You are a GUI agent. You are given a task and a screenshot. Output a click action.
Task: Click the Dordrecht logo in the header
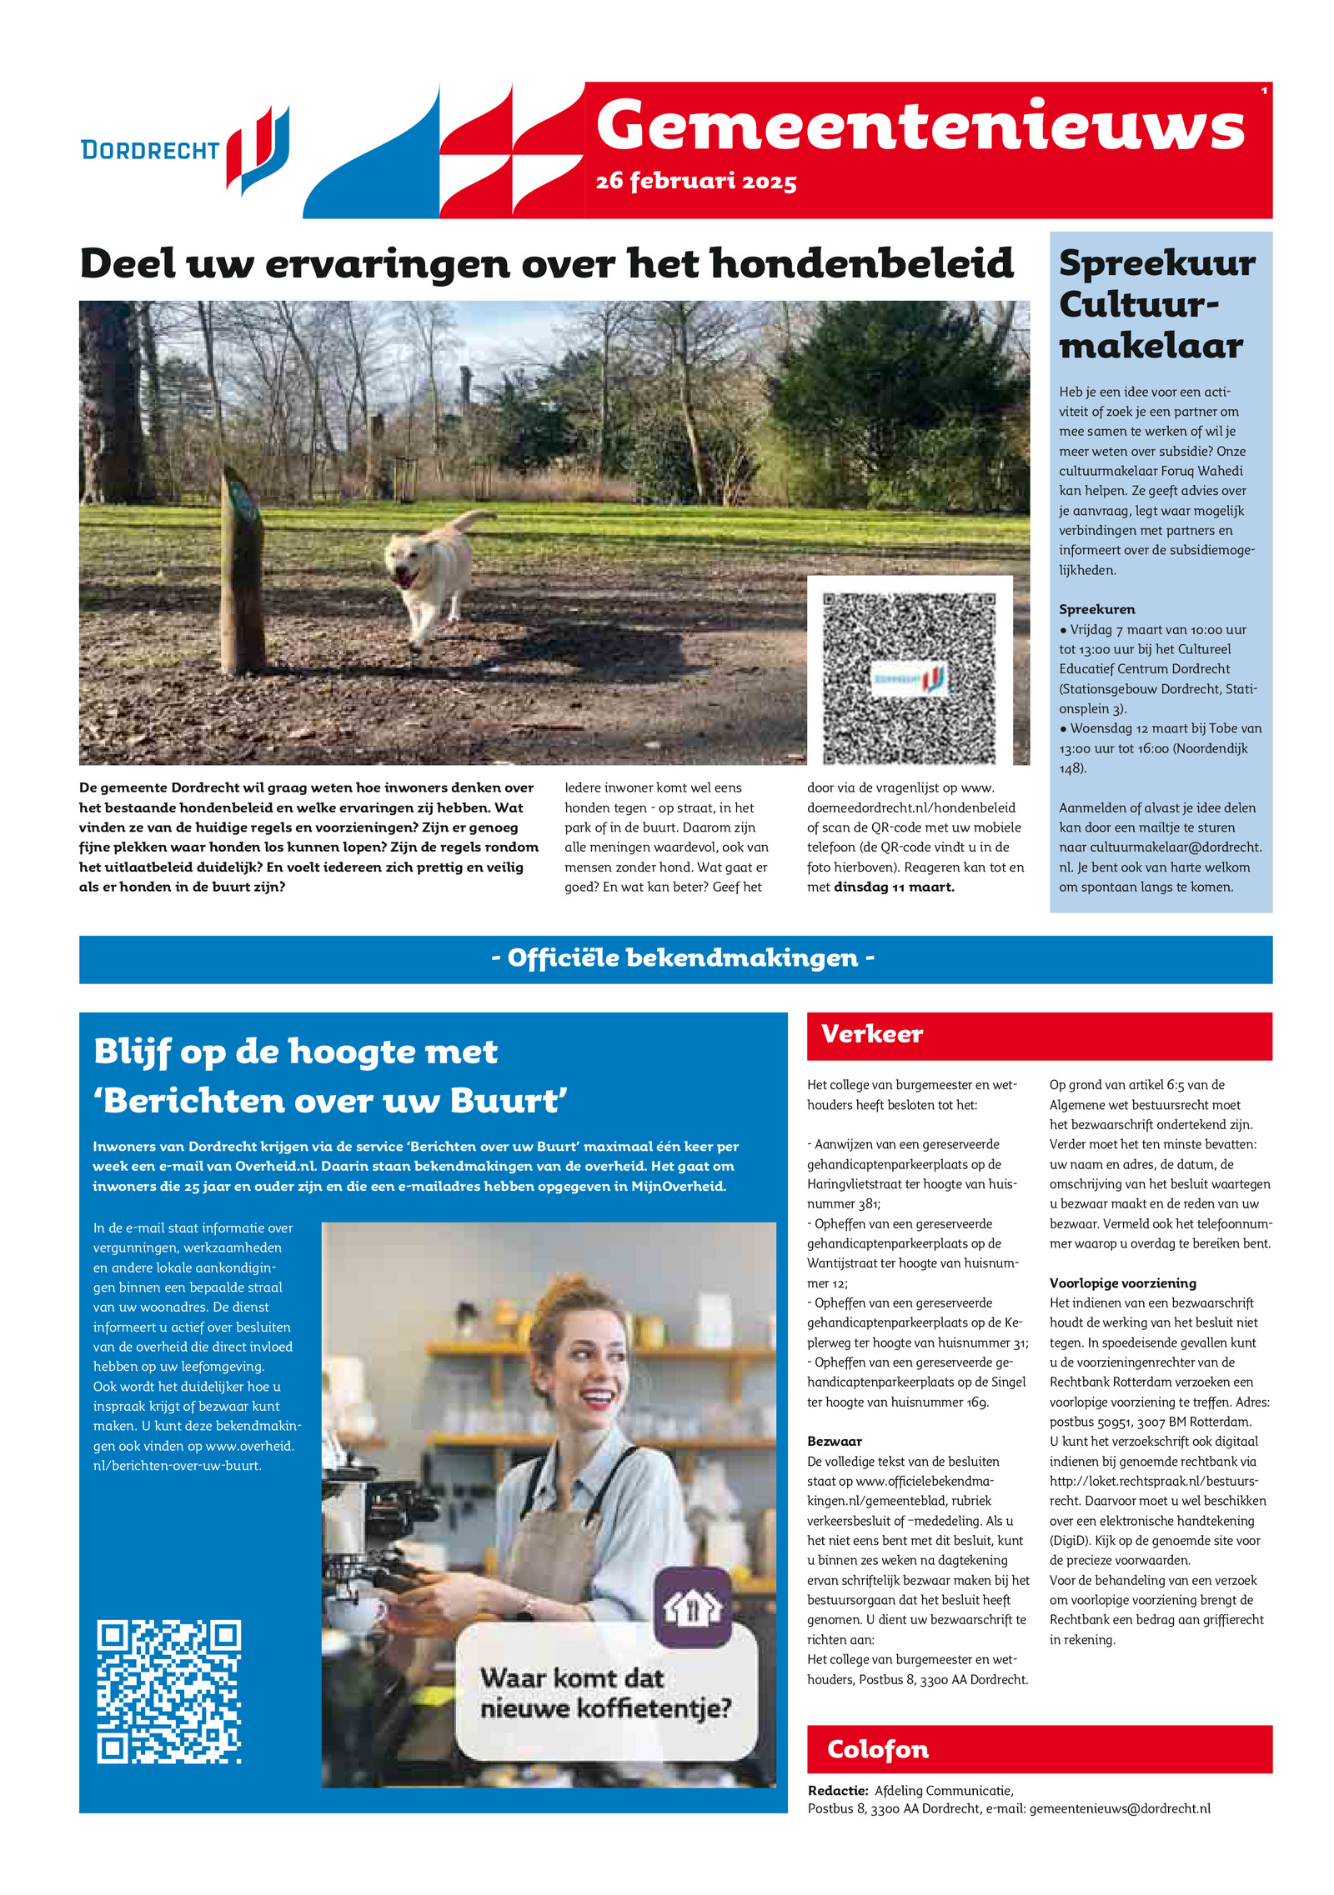185,150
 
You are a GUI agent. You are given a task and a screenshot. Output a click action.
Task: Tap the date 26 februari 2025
696,182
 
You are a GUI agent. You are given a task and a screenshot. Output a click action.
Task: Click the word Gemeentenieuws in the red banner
920,126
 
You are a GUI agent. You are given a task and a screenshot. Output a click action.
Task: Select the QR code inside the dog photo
910,677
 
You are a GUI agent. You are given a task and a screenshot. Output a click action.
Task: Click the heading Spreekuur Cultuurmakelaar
1156,304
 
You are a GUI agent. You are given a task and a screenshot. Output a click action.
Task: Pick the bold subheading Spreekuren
1096,609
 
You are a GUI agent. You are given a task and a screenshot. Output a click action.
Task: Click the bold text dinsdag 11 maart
894,887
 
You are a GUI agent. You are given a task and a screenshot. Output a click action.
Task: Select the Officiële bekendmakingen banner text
683,958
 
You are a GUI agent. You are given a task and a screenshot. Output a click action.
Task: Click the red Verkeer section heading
872,1034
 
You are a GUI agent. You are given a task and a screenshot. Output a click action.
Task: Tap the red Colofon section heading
877,1749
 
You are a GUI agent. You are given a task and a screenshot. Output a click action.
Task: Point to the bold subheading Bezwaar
835,1441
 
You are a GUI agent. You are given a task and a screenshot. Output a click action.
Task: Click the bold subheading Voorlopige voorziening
1122,1282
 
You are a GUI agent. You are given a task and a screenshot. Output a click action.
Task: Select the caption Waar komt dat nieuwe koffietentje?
605,1692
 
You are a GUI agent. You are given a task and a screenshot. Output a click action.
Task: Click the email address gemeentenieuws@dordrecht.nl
1120,1808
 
